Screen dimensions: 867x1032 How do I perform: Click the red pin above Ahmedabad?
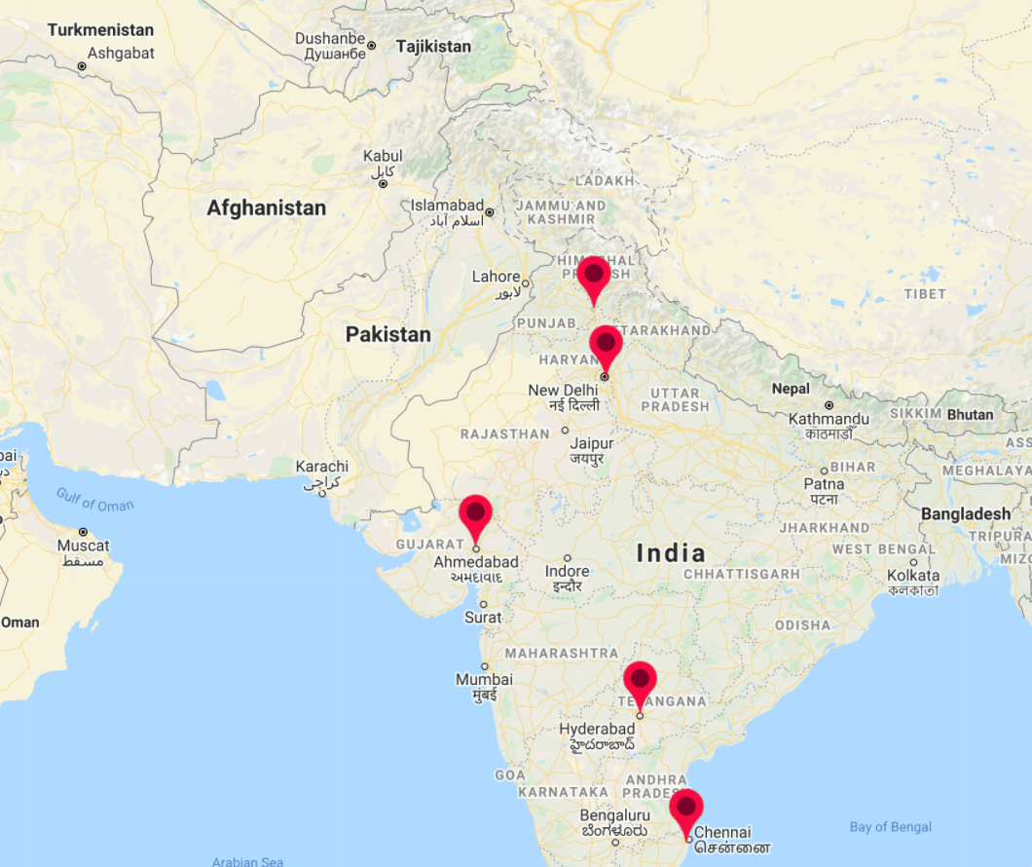coord(475,512)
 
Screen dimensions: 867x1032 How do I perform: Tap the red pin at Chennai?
coord(686,807)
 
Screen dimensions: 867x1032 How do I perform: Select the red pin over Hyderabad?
coord(640,679)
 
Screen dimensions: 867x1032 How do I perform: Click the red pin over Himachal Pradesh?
coord(593,275)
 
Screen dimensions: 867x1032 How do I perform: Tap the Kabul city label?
coord(383,156)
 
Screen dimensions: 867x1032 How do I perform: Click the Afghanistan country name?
coord(266,207)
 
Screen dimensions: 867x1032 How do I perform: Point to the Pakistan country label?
coord(387,334)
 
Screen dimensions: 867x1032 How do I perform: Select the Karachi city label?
coord(321,467)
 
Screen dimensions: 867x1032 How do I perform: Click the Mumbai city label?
coord(484,679)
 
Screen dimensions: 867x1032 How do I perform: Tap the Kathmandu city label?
coord(829,419)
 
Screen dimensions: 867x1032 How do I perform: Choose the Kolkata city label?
coord(913,576)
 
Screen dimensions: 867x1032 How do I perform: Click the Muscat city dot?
coord(83,532)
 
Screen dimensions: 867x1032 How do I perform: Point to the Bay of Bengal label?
coord(890,827)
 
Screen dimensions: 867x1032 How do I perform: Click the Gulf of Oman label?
coord(94,500)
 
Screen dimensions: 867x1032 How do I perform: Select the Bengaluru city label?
coord(614,814)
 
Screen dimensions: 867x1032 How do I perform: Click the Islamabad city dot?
coord(490,212)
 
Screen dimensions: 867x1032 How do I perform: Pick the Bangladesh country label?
coord(966,513)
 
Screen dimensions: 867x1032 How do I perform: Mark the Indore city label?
coord(567,571)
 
